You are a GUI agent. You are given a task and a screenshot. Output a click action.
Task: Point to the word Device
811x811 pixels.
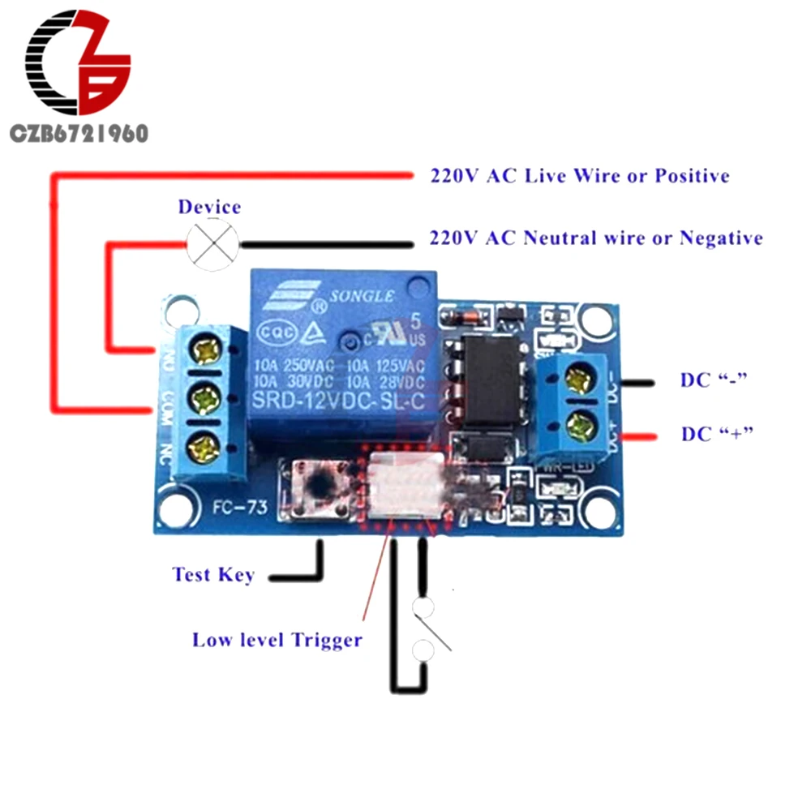point(209,207)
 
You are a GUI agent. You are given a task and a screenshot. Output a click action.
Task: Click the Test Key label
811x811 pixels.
point(213,575)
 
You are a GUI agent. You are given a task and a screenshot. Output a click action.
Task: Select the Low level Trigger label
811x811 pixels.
point(277,640)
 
